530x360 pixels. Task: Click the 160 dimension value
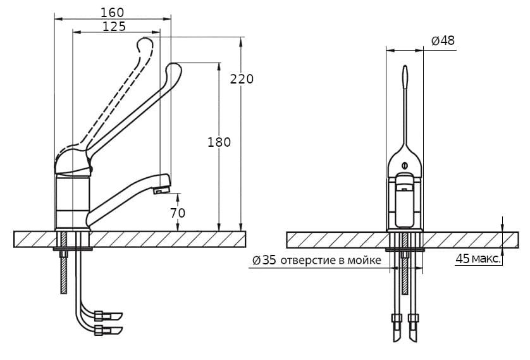click(x=113, y=13)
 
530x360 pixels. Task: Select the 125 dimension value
click(x=114, y=27)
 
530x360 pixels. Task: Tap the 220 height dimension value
click(x=242, y=79)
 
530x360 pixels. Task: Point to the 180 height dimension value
click(x=219, y=142)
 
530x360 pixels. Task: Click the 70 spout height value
click(x=178, y=213)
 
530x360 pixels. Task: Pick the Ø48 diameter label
click(x=443, y=40)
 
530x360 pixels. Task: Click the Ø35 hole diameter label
click(x=264, y=260)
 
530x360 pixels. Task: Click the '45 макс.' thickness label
click(x=478, y=259)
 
